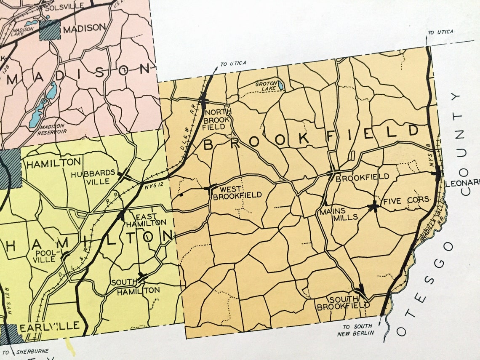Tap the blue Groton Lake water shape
click(x=280, y=86)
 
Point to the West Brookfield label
click(x=237, y=192)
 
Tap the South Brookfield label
click(x=337, y=303)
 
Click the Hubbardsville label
click(x=93, y=177)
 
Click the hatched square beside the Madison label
click(x=50, y=30)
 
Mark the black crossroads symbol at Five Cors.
click(x=373, y=206)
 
